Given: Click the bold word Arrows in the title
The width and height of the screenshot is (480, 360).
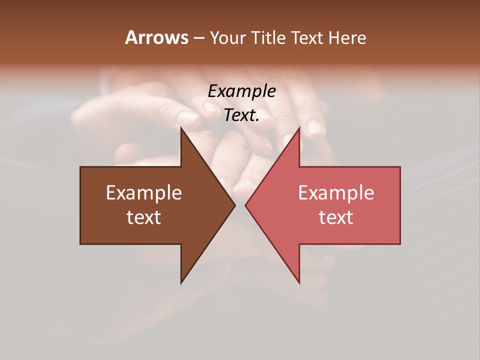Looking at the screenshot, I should [156, 37].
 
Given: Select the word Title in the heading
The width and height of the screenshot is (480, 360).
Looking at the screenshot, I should [269, 38].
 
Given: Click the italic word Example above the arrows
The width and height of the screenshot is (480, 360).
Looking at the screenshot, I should [242, 91].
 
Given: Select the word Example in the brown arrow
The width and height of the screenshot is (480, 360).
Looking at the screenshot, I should [144, 193].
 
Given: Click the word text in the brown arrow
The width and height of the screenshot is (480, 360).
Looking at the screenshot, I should [144, 217].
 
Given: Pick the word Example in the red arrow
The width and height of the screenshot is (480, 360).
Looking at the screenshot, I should [336, 193].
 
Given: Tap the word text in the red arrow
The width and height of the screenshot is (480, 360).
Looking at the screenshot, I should [336, 217].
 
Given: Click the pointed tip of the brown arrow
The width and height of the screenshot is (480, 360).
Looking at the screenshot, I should [235, 205].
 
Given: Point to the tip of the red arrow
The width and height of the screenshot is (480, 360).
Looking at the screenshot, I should [245, 205].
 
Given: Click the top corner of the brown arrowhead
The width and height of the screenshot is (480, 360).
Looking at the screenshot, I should [181, 128].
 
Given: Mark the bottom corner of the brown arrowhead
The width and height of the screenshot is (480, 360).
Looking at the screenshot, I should [181, 282].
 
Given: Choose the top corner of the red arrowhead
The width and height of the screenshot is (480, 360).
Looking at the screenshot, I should [299, 128].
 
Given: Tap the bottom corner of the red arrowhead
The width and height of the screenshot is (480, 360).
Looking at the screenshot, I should [299, 282].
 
